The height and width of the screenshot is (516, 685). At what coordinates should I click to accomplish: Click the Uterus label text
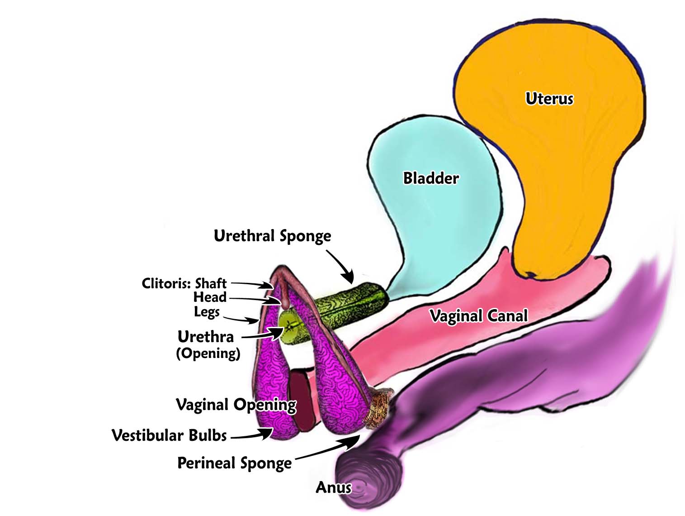(549, 99)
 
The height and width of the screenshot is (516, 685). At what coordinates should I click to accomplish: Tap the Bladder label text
(430, 178)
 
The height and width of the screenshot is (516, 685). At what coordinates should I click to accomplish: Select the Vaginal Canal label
(478, 315)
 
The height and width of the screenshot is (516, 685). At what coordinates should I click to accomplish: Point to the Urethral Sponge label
(272, 236)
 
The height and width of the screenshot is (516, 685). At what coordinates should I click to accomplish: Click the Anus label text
(333, 487)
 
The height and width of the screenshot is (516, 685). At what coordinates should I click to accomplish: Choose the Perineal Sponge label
(234, 463)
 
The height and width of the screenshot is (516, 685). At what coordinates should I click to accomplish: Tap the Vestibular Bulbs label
(169, 435)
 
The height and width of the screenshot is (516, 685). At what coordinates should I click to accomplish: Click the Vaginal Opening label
(236, 405)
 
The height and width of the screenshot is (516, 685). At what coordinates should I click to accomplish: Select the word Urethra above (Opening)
(206, 337)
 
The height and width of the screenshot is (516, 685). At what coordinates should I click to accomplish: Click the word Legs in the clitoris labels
(207, 312)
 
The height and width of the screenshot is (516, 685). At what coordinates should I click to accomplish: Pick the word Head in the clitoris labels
(210, 297)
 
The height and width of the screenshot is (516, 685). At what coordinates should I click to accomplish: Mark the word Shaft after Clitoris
(211, 283)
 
